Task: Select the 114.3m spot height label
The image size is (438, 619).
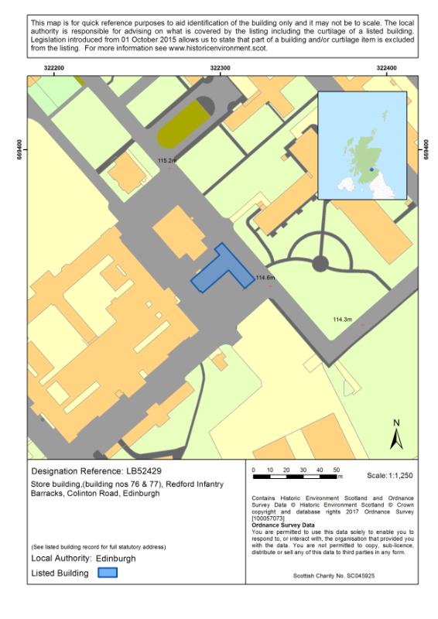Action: tap(342, 320)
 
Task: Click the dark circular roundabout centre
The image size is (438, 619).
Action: tap(320, 265)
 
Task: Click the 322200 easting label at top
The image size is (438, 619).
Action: tap(54, 68)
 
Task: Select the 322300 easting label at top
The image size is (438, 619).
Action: tap(220, 68)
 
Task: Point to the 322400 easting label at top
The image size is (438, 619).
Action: tap(386, 68)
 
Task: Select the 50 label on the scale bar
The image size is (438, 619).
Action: tap(337, 470)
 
